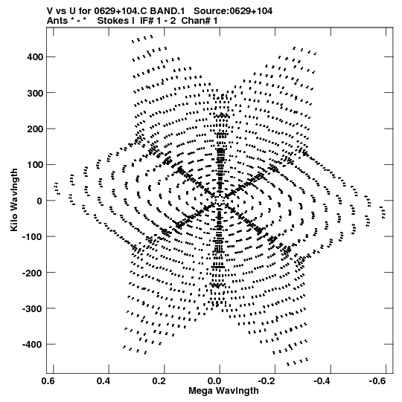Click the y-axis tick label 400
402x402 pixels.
(35, 56)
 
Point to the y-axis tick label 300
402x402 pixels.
(35, 93)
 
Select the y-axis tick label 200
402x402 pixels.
(35, 129)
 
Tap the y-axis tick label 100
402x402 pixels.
(35, 165)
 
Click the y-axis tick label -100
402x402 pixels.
(33, 236)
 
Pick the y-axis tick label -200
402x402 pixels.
(33, 273)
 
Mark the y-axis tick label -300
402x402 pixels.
(33, 308)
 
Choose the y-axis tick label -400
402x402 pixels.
(33, 344)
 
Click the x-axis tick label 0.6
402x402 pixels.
(48, 381)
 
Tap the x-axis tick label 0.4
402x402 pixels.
(103, 381)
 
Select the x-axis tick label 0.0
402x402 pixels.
(214, 381)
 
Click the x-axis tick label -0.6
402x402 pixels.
(378, 381)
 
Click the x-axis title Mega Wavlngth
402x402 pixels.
(224, 391)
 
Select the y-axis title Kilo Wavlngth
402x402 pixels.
(14, 200)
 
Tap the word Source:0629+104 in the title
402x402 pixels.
(233, 11)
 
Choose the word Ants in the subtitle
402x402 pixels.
(57, 21)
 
